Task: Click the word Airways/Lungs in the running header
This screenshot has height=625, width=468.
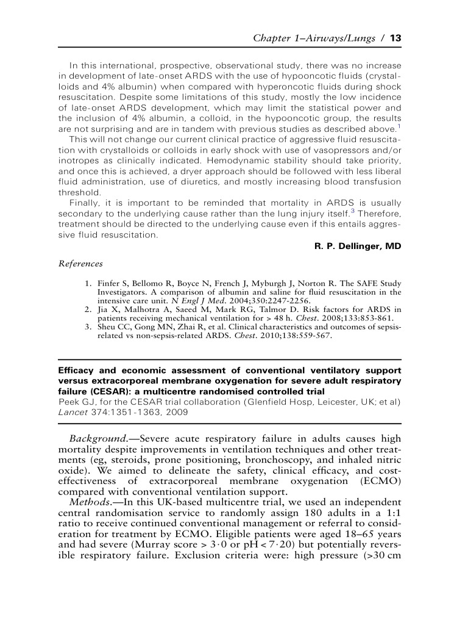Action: tap(336, 38)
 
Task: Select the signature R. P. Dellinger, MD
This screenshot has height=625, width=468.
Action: tap(352, 246)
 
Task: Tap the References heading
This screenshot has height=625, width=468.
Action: tap(80, 264)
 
